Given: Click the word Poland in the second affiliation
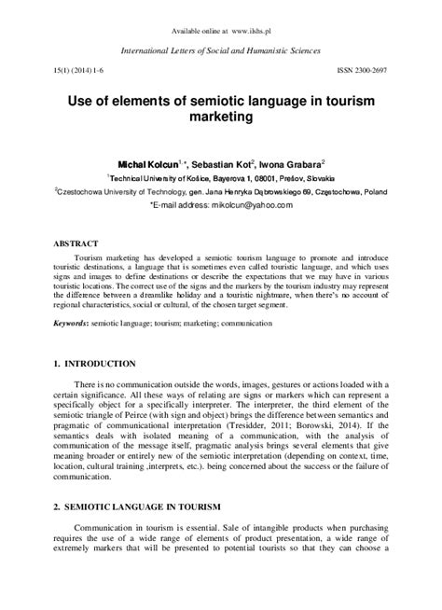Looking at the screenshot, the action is pyautogui.click(x=390, y=187).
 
